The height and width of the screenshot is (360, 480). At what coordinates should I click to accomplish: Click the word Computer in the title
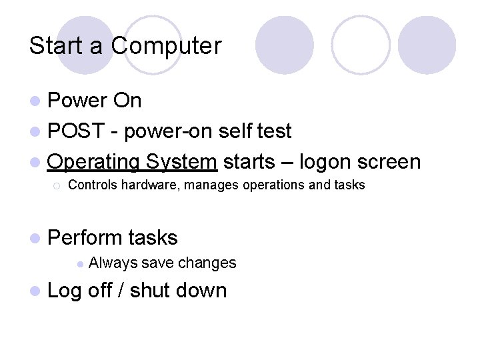coord(166,46)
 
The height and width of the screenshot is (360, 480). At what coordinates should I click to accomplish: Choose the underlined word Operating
coord(93,162)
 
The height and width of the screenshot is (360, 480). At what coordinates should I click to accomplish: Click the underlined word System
coord(181,162)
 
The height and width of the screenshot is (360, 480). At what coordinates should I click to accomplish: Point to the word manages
coord(212,185)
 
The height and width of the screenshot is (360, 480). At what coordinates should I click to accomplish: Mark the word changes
coord(207,263)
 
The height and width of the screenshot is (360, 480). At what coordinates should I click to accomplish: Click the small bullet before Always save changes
coord(79,264)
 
